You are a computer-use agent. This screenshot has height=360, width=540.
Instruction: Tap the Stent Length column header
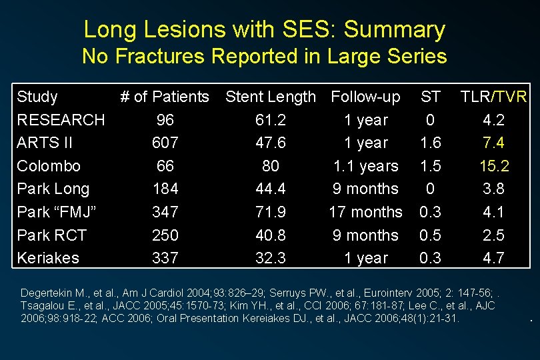(x=271, y=97)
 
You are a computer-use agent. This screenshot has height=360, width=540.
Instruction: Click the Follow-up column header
(x=365, y=97)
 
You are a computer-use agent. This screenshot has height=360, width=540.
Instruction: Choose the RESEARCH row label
(x=61, y=120)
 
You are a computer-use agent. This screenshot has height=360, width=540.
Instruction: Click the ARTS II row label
(x=45, y=143)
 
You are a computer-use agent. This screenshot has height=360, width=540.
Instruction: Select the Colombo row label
(x=49, y=166)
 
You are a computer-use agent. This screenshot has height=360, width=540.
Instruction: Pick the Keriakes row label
(x=48, y=258)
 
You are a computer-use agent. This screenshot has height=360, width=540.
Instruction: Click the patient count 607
(x=165, y=143)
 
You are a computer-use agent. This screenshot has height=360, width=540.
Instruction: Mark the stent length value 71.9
(x=271, y=212)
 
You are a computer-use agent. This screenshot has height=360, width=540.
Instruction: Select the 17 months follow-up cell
(x=365, y=212)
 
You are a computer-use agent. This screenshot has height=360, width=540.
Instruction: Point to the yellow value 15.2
(x=493, y=166)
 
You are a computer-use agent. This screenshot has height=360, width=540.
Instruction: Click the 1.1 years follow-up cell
(x=365, y=166)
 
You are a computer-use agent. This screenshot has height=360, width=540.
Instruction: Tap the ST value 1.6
(x=430, y=143)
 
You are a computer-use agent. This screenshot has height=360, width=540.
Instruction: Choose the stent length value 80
(x=271, y=166)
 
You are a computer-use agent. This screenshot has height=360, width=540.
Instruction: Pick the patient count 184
(x=165, y=189)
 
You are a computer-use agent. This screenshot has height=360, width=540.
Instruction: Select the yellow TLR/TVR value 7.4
(x=493, y=143)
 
